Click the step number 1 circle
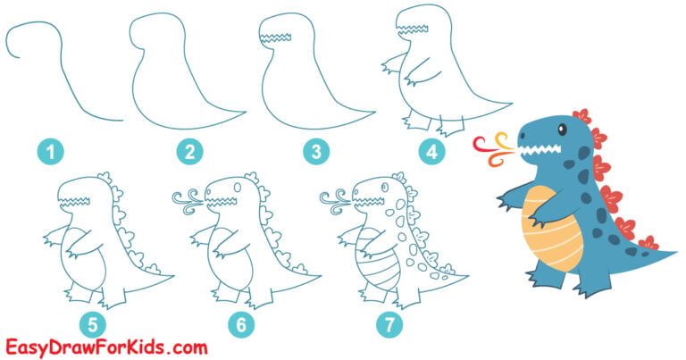51,153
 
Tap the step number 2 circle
188,153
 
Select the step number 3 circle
314,153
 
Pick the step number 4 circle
432,152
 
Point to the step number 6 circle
240,324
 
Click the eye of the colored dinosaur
562,131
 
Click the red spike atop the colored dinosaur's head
582,116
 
